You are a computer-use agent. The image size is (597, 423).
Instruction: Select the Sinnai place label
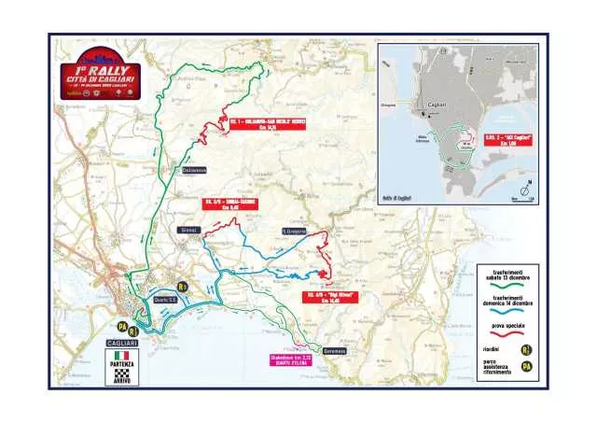(x=187, y=229)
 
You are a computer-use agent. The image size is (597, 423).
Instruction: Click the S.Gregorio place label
(x=293, y=231)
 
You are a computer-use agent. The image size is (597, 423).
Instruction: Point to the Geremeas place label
(x=334, y=351)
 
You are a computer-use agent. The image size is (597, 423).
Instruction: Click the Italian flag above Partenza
(x=120, y=356)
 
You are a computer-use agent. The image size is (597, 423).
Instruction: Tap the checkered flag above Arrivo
(x=120, y=374)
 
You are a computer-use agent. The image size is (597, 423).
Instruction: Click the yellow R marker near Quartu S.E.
(x=183, y=288)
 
